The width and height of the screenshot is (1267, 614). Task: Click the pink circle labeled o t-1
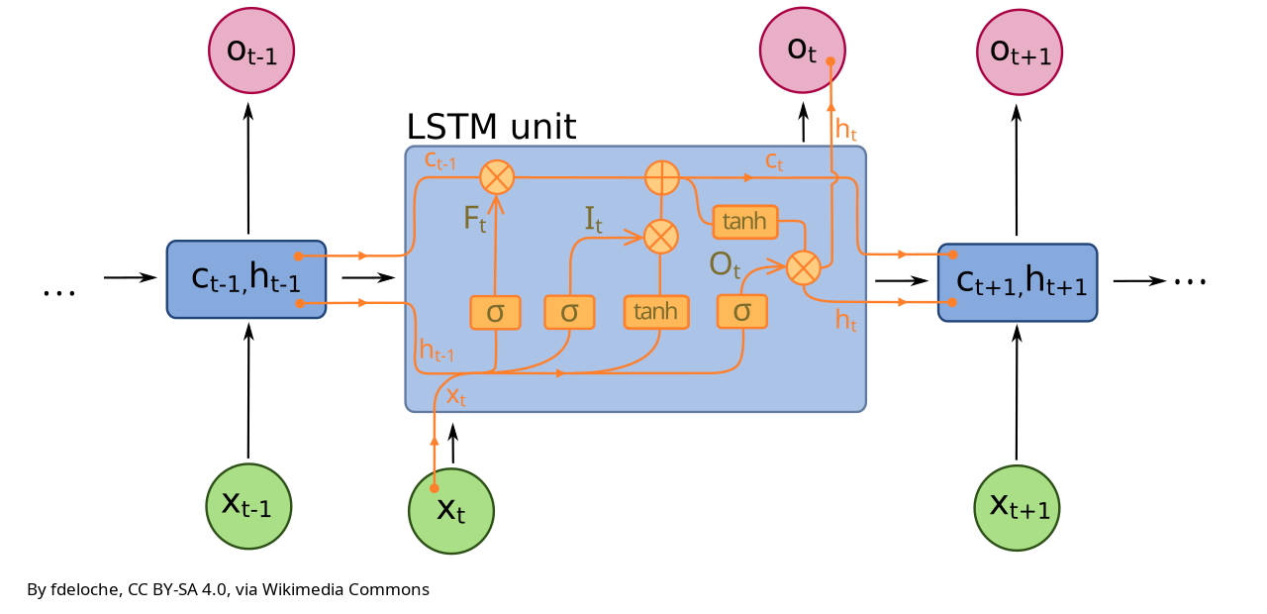click(251, 51)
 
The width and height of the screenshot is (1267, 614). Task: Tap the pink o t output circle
click(802, 51)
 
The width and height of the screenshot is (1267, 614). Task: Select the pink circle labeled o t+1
click(1020, 51)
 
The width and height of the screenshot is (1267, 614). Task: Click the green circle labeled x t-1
click(248, 506)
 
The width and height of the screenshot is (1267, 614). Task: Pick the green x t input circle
click(451, 511)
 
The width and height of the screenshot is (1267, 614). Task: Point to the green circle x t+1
click(1018, 508)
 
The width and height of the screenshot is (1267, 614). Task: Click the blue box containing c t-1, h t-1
click(246, 279)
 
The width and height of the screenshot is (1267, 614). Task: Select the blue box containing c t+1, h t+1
click(1018, 282)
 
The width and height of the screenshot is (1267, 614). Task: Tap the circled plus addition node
click(661, 178)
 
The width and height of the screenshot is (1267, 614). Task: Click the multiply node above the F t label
click(496, 177)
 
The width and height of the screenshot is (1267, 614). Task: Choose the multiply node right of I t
click(660, 237)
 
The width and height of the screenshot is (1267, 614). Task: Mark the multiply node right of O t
click(803, 267)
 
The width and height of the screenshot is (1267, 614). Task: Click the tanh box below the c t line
click(745, 222)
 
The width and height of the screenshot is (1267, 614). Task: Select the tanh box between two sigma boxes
click(656, 312)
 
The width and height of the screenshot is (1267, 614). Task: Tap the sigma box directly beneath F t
click(495, 312)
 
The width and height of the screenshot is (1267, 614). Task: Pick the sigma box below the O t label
click(742, 312)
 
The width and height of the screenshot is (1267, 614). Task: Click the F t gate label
click(475, 219)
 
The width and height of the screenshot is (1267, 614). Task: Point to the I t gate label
click(593, 219)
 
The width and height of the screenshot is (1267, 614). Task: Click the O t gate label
click(725, 264)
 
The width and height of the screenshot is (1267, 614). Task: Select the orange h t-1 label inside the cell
click(437, 350)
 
